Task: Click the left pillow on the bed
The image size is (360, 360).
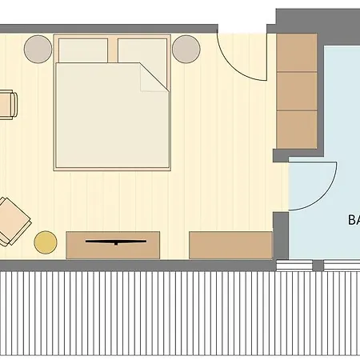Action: pyautogui.click(x=83, y=50)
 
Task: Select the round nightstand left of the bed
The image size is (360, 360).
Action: pyautogui.click(x=38, y=50)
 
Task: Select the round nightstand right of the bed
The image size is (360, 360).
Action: pyautogui.click(x=187, y=50)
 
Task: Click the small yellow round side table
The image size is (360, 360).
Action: pyautogui.click(x=46, y=242)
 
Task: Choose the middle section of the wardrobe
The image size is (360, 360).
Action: pyautogui.click(x=297, y=91)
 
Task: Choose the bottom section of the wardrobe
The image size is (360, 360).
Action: pyautogui.click(x=297, y=129)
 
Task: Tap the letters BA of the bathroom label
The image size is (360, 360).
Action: pyautogui.click(x=353, y=218)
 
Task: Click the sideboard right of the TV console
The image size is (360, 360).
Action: pyautogui.click(x=230, y=244)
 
